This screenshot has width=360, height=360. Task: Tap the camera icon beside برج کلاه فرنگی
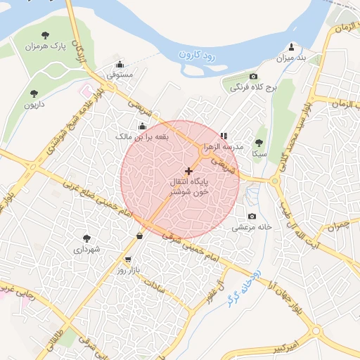[x=253, y=76]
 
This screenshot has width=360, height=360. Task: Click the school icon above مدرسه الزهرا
[x=224, y=136]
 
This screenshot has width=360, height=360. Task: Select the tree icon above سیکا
[x=259, y=142]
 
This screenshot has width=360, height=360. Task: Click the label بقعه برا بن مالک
[x=143, y=136]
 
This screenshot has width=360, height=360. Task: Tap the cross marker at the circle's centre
[x=188, y=171]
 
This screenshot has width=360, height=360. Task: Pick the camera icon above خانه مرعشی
[x=252, y=217]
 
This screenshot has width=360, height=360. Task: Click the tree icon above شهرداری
[x=86, y=238]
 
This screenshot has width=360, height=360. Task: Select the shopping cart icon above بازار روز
[x=128, y=259]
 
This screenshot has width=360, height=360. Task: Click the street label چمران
[x=337, y=226]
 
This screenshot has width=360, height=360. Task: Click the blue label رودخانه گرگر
[x=238, y=289]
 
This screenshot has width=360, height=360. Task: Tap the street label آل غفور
[x=207, y=285]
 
